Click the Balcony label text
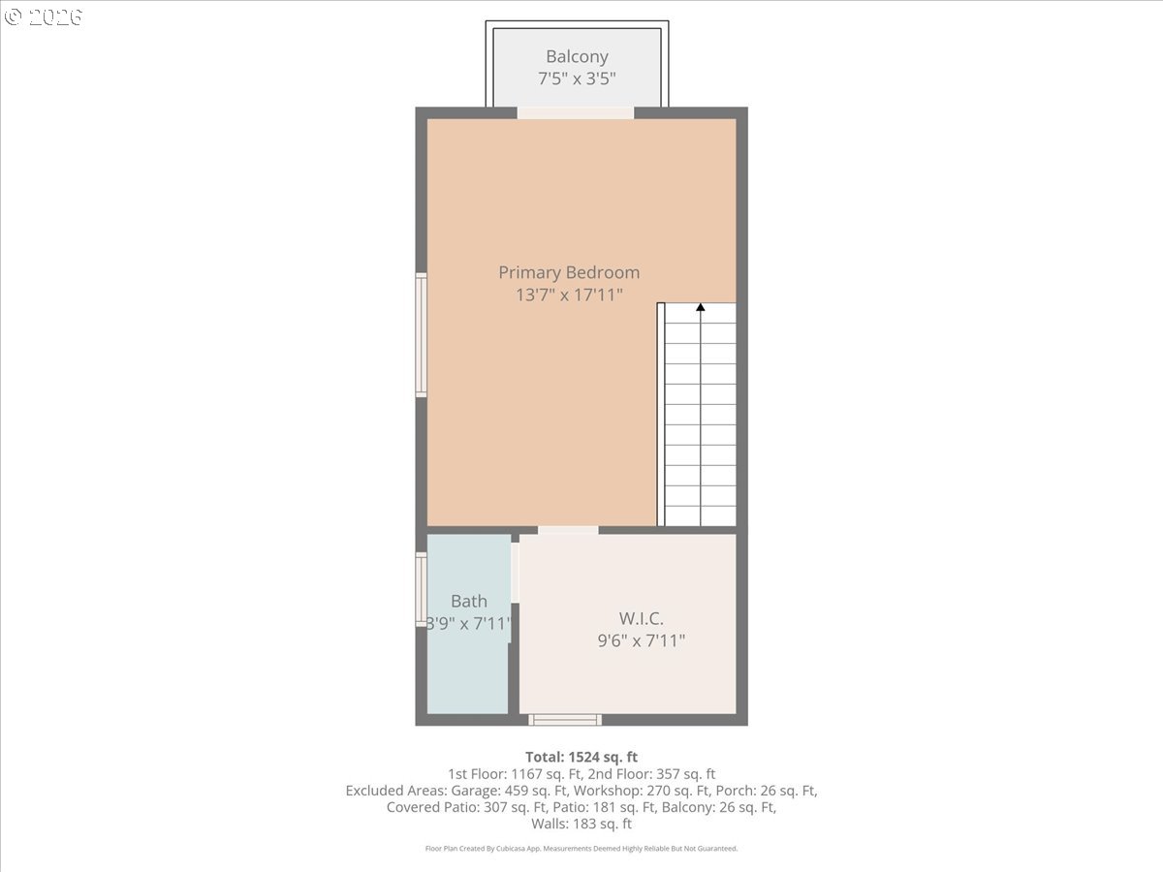point(577,56)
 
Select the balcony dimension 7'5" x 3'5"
point(577,78)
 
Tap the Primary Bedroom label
point(569,272)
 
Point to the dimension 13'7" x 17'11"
point(569,295)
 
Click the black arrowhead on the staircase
point(700,308)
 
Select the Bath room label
point(469,602)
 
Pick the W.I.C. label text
point(642,618)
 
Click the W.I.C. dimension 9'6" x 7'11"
point(642,639)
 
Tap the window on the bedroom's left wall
point(422,335)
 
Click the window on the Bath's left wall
point(422,589)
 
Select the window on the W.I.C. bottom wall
point(565,719)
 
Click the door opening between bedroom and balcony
point(575,112)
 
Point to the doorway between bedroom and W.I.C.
point(568,530)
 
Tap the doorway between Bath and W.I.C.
point(515,572)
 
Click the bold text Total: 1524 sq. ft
point(581,757)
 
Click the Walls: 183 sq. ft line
point(581,824)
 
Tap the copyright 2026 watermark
point(44,16)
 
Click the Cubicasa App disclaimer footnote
point(581,848)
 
